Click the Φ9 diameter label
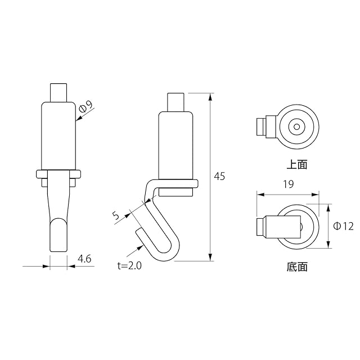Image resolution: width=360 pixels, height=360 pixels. click(x=86, y=106)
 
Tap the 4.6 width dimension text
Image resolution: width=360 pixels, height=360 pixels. click(x=84, y=259)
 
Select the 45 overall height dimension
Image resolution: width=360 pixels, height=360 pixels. click(x=219, y=176)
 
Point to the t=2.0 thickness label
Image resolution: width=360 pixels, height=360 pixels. click(x=129, y=266)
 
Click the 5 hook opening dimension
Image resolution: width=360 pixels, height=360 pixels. click(x=116, y=215)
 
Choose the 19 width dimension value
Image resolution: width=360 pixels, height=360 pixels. click(x=289, y=184)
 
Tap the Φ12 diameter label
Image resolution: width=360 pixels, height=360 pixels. click(x=344, y=226)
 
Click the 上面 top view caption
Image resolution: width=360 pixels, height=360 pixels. click(x=297, y=165)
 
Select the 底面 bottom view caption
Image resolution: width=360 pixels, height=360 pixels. click(x=297, y=267)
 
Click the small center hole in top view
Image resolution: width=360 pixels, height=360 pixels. click(x=296, y=127)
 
